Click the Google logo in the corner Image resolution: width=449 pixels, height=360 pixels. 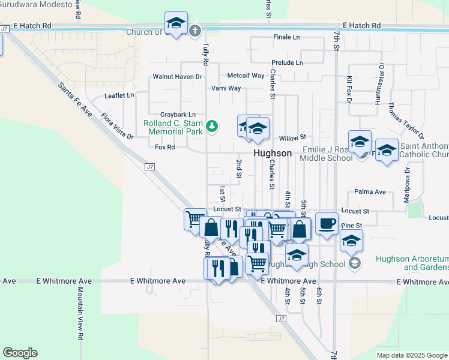(20, 353)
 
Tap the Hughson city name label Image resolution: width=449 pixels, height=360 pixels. (273, 153)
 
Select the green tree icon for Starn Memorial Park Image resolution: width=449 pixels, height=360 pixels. (211, 126)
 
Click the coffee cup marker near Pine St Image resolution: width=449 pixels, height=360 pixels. (326, 223)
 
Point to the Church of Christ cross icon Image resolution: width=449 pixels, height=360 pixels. (194, 31)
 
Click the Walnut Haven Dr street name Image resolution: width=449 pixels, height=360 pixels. (177, 77)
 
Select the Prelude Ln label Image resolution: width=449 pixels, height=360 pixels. (287, 62)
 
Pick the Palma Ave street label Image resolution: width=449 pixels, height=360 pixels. (370, 192)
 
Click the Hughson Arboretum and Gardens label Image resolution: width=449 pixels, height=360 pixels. (412, 263)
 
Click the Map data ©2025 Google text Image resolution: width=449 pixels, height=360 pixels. (411, 355)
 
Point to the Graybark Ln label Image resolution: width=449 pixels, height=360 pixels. (178, 115)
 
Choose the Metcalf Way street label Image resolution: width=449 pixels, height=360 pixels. (246, 76)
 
